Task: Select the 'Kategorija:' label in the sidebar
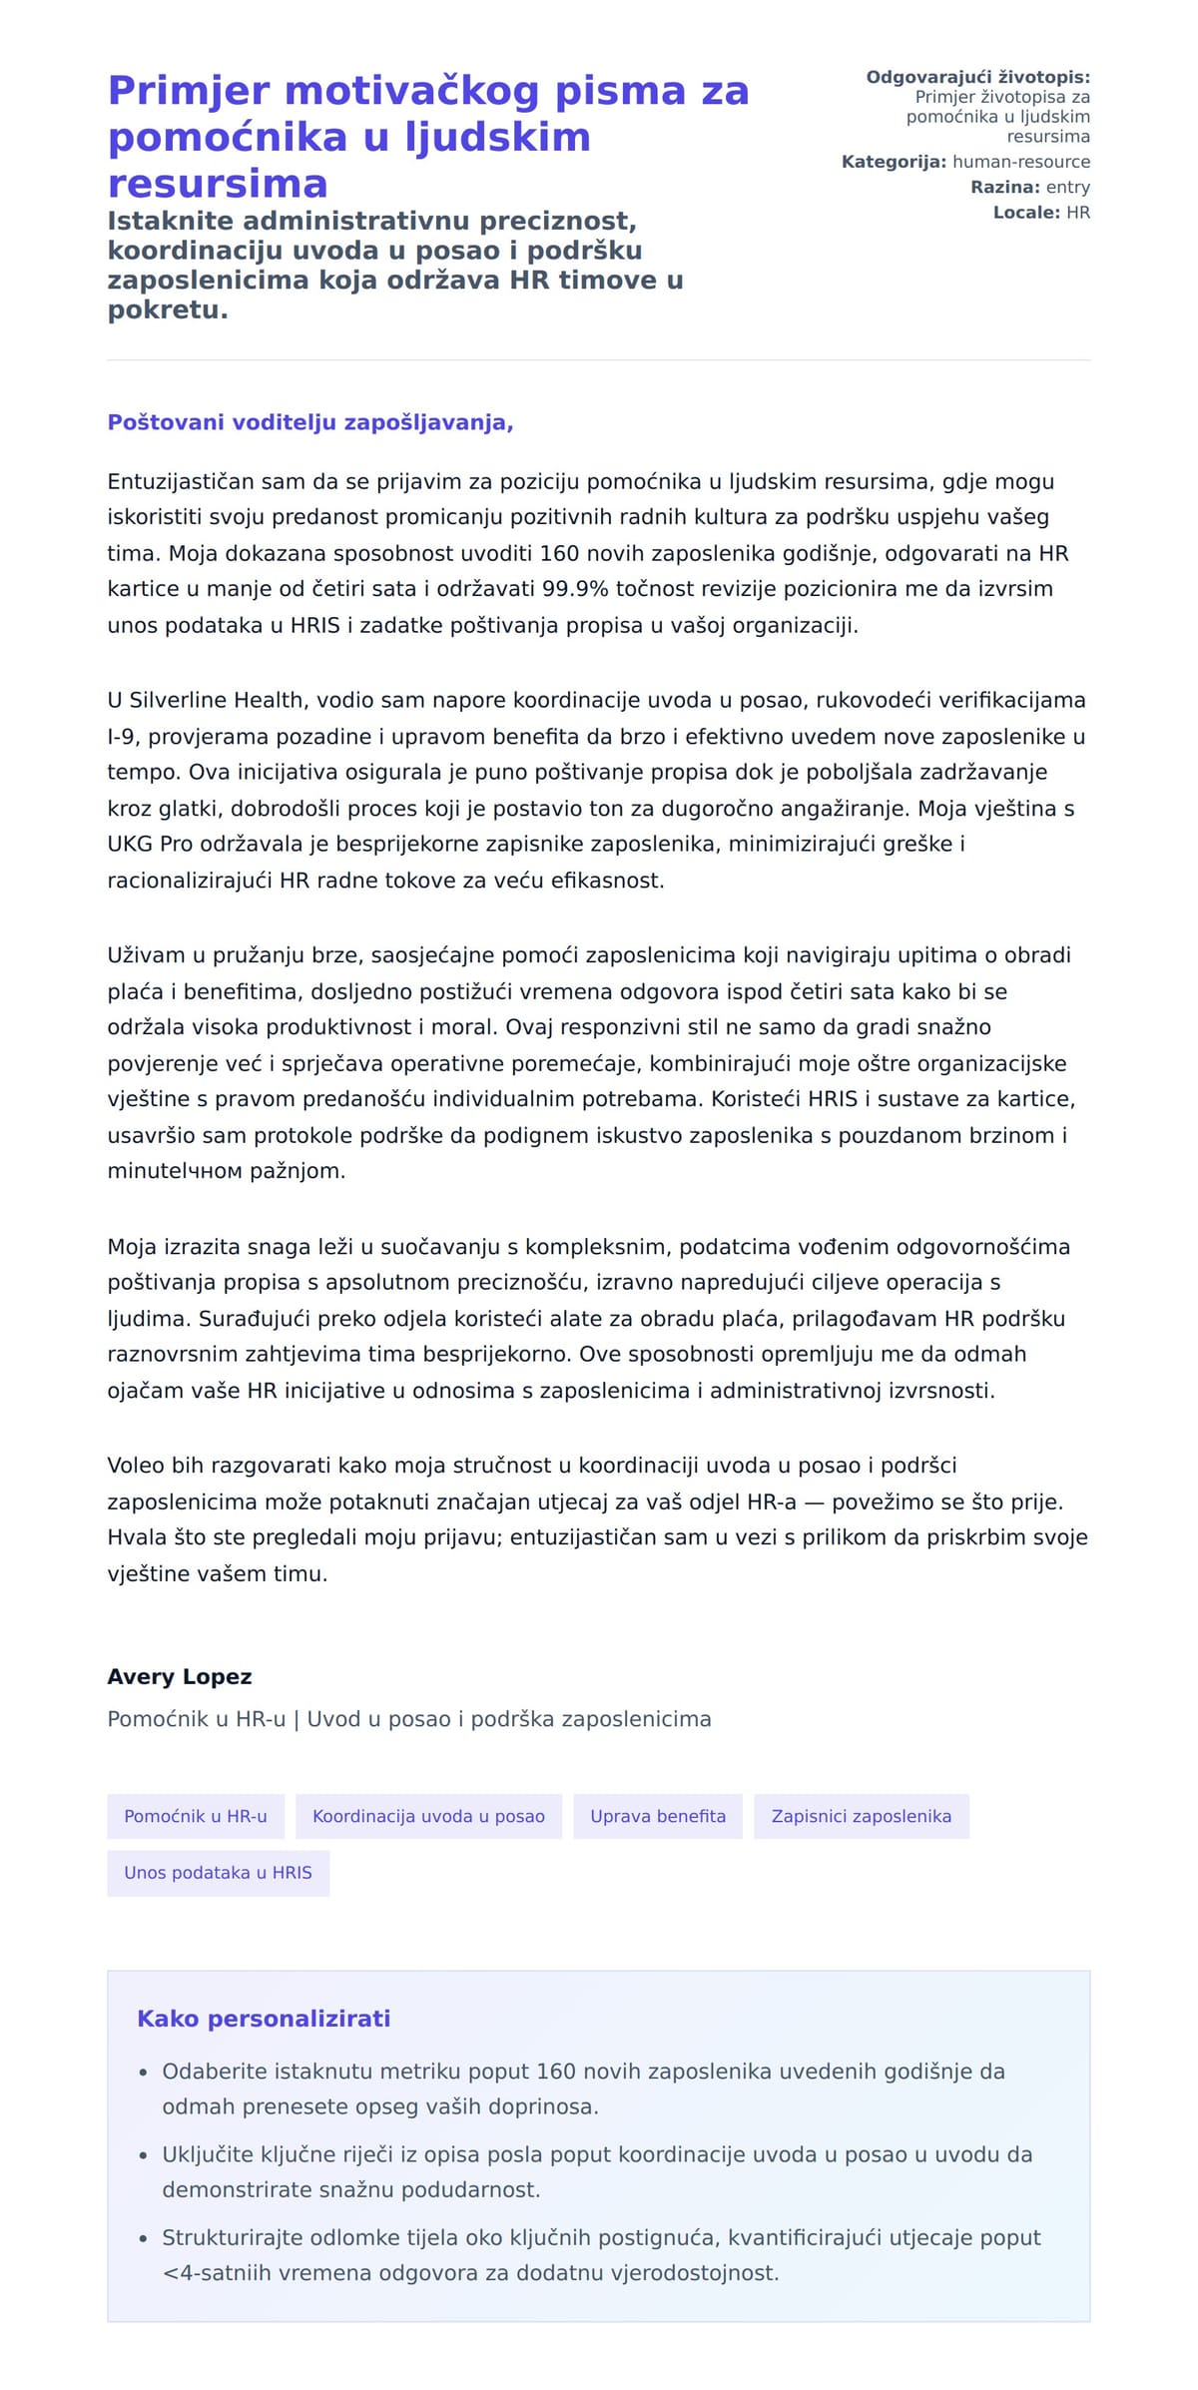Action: [x=894, y=162]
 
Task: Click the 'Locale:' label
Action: [x=1026, y=213]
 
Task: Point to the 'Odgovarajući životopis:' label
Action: [x=977, y=77]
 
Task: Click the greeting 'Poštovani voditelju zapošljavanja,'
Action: [x=310, y=422]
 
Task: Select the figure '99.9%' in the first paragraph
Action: [x=575, y=589]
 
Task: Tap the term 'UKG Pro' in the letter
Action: [x=150, y=845]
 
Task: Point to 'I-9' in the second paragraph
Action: [x=122, y=737]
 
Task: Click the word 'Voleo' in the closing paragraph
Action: [x=137, y=1466]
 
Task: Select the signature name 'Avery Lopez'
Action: [x=180, y=1677]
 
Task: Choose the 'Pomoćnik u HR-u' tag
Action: [x=196, y=1816]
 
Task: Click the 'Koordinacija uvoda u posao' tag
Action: [x=428, y=1816]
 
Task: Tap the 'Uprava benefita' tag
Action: [x=658, y=1816]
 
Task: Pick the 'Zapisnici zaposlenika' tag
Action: [x=861, y=1816]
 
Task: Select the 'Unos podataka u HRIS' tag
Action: [x=218, y=1873]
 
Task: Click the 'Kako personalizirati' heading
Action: [x=264, y=2019]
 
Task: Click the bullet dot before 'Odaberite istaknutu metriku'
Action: [x=144, y=2073]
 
